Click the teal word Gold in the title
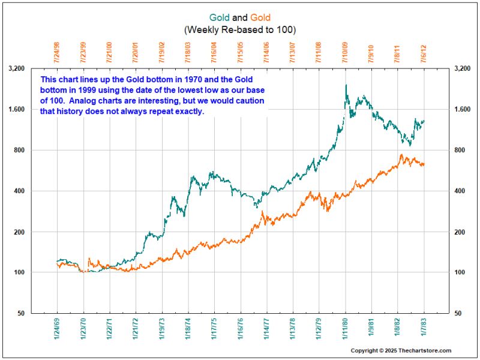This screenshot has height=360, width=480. pyautogui.click(x=219, y=18)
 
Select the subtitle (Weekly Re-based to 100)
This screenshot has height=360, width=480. pyautogui.click(x=240, y=29)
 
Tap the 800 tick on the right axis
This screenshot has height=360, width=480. pyautogui.click(x=463, y=150)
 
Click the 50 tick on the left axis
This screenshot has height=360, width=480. pyautogui.click(x=19, y=313)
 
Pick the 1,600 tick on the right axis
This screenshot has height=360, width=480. pyautogui.click(x=466, y=109)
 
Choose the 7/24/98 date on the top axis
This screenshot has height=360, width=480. pyautogui.click(x=57, y=52)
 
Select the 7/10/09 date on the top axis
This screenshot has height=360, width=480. pyautogui.click(x=346, y=52)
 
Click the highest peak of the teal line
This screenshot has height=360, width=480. pyautogui.click(x=346, y=85)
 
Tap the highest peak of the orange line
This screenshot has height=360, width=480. pyautogui.click(x=401, y=155)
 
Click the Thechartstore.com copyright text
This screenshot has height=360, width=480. pyautogui.click(x=401, y=350)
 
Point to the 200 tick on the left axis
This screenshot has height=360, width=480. pyautogui.click(x=18, y=232)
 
